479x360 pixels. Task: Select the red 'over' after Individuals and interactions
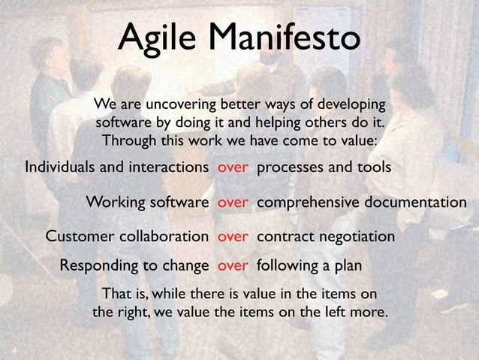(233, 167)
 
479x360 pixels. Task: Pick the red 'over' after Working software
(233, 202)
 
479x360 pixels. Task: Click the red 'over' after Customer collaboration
(233, 237)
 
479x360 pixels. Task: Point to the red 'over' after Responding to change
(233, 265)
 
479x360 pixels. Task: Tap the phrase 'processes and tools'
(324, 167)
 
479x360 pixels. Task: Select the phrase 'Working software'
(147, 202)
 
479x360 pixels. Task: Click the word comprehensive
(309, 202)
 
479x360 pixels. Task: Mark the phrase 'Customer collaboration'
(128, 237)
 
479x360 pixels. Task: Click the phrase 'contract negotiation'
(326, 237)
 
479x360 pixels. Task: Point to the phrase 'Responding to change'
(134, 265)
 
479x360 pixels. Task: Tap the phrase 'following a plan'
(309, 265)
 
